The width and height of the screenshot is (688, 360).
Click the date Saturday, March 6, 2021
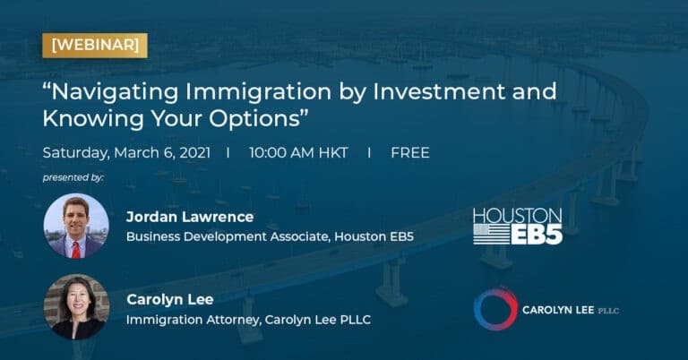(x=125, y=152)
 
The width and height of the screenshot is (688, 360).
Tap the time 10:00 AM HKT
(x=298, y=152)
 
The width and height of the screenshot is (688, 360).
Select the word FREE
(x=409, y=152)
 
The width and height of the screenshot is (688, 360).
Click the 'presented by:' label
(x=73, y=177)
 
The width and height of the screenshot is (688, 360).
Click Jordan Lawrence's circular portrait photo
(x=76, y=226)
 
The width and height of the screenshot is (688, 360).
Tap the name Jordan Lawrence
(x=189, y=218)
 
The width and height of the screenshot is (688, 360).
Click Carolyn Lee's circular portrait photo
(x=76, y=306)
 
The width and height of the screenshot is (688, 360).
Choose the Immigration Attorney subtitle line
(x=247, y=319)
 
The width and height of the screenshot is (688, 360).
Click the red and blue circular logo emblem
(x=494, y=309)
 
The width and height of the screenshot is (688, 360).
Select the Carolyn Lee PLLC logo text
(x=571, y=310)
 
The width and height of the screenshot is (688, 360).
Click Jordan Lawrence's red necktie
(x=76, y=247)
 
